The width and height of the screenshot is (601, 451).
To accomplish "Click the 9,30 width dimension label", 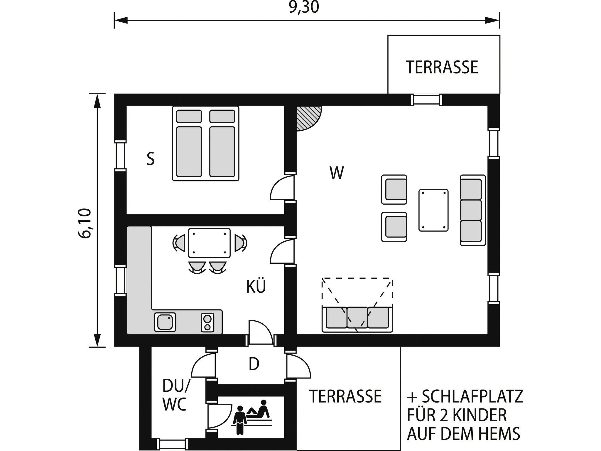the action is pos(304,7).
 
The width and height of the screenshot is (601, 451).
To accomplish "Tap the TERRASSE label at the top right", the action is pos(442,67).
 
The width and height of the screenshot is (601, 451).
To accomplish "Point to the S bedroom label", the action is pos(151,159).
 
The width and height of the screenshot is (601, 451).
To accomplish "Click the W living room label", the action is pos(336,173).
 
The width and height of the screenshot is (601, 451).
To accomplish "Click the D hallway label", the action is pos(254,364).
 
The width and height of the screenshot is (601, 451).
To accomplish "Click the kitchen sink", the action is pos(165,322).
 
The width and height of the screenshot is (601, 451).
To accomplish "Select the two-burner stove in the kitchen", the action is pos(208,322).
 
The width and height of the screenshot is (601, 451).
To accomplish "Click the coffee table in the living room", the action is pos(433,210).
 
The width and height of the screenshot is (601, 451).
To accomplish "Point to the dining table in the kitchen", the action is pos(209,243).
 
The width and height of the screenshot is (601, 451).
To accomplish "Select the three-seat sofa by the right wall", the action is pos(472,210).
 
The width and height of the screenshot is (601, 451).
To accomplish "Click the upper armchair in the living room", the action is pos(394,189).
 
